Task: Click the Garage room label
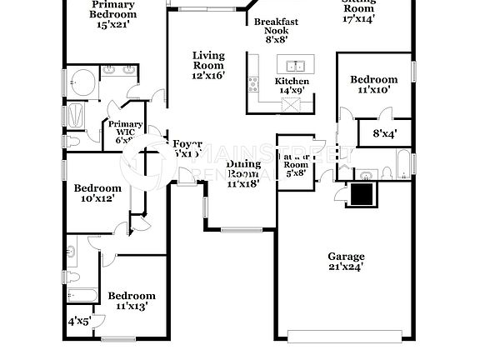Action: (344, 257)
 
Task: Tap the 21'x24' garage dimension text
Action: (344, 267)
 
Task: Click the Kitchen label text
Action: (292, 81)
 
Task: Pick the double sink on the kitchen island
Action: (295, 65)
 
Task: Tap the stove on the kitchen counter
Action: (252, 84)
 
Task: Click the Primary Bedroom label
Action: (113, 9)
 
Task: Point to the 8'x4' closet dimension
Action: (384, 132)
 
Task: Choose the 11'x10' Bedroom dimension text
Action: (373, 90)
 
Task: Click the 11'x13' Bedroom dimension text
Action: (131, 306)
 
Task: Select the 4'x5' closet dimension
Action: (80, 320)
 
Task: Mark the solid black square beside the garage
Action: (362, 194)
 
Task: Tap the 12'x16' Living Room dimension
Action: (208, 75)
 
